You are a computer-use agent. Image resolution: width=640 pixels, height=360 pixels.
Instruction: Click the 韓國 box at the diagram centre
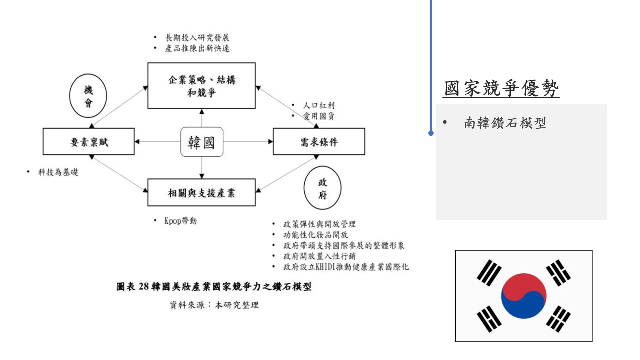(x=202, y=142)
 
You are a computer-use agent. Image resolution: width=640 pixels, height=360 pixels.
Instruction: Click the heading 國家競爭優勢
(x=501, y=88)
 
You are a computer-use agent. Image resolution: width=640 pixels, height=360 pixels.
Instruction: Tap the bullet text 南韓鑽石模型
(x=505, y=123)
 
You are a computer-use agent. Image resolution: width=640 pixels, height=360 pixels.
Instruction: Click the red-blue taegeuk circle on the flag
(x=524, y=296)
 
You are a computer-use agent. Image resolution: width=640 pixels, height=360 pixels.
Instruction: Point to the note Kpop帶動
(x=180, y=220)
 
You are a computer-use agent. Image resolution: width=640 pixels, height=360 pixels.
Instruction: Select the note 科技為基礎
(x=58, y=172)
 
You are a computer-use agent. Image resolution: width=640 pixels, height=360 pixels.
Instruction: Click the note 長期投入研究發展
(x=197, y=38)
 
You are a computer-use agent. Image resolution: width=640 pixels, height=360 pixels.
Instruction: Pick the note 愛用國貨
(x=319, y=116)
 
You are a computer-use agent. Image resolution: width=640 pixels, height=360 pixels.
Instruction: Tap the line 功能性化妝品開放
(x=316, y=235)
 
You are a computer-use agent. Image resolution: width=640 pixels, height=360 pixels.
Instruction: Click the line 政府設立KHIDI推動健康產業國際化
(x=346, y=267)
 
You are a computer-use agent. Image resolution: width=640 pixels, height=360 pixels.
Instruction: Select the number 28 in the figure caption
(x=144, y=286)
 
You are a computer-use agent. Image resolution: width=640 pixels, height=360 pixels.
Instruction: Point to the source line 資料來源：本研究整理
(x=214, y=305)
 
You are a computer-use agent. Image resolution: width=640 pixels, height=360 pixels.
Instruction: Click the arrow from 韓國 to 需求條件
(x=248, y=141)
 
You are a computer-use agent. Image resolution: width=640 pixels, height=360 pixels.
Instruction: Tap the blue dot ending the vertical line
(x=431, y=133)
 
